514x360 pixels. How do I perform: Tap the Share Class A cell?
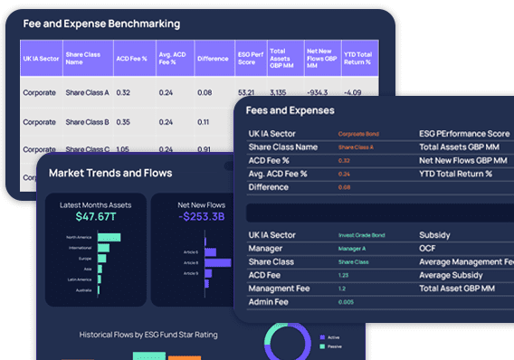(x=87, y=92)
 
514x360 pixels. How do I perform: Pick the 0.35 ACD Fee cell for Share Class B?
(x=123, y=121)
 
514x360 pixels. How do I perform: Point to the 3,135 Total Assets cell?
(x=278, y=92)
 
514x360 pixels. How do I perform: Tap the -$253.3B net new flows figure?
(x=202, y=217)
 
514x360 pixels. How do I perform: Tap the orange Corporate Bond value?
(x=358, y=134)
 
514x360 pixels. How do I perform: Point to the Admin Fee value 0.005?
(x=347, y=301)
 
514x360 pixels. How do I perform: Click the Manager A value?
(x=353, y=248)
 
